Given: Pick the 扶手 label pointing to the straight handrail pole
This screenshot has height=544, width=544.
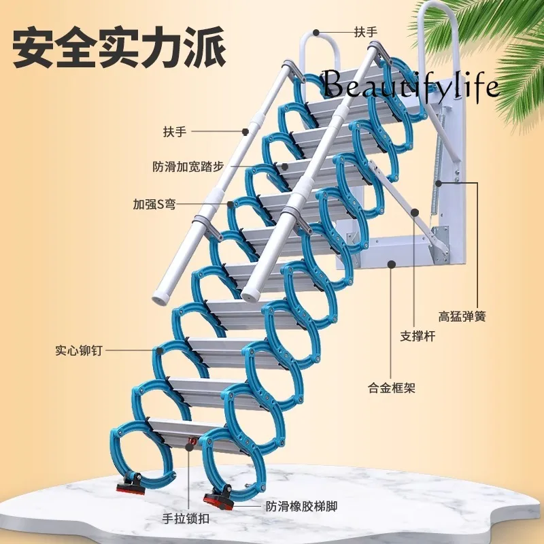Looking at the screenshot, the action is [x=175, y=131].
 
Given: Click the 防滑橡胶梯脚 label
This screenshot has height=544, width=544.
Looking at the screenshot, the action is [x=301, y=507].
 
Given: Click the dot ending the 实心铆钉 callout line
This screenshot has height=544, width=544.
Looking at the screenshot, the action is [x=158, y=352].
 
